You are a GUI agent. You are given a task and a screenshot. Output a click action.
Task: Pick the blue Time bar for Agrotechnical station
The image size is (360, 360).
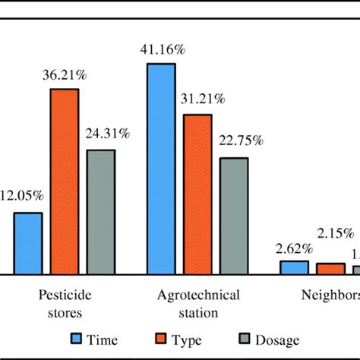(x=161, y=168)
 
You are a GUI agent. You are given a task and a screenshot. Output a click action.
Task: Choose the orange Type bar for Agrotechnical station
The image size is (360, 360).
(x=197, y=194)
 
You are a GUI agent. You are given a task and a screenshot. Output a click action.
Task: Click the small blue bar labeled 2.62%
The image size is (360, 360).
(x=294, y=267)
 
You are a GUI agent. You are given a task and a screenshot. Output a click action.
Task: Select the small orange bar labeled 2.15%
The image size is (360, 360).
(x=330, y=268)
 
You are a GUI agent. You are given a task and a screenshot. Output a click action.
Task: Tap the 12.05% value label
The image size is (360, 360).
(x=23, y=196)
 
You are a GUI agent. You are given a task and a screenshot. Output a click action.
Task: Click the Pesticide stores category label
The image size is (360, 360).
(x=64, y=302)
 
